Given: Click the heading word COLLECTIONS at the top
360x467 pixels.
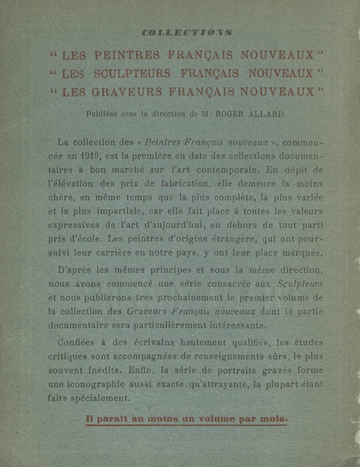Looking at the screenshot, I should click(x=187, y=32).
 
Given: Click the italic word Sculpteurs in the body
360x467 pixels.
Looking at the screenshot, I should click(x=300, y=284).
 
